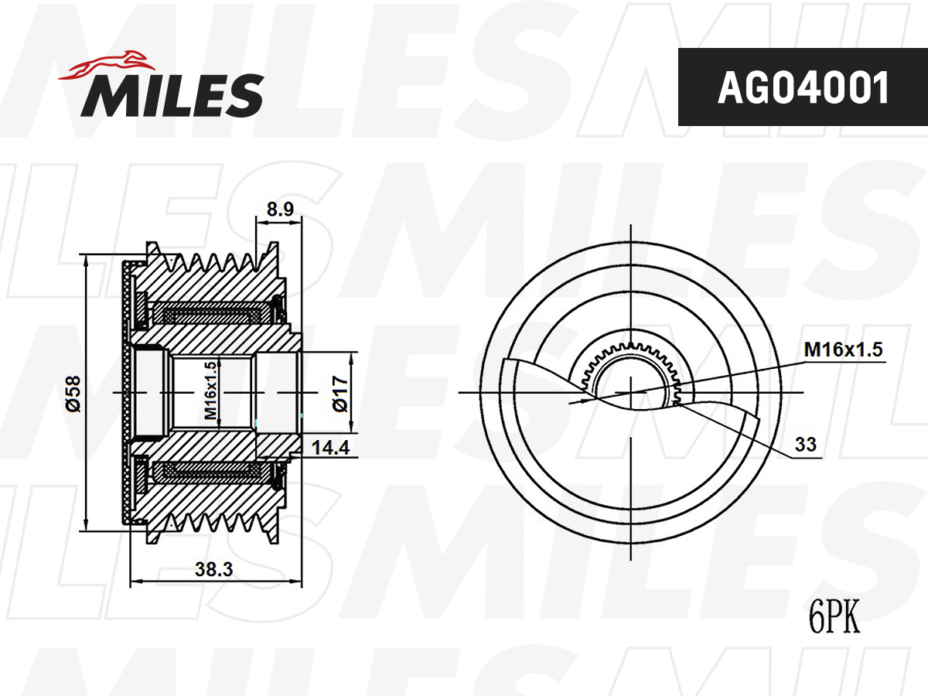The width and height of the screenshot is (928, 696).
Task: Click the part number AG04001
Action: tap(803, 87)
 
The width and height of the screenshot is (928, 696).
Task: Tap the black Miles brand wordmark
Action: tap(172, 95)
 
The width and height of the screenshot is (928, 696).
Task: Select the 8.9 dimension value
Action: tap(280, 209)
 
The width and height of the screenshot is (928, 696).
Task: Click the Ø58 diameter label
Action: tap(73, 394)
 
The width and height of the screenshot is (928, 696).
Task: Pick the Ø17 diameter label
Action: tap(340, 394)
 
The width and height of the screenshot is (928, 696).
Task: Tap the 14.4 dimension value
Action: tap(331, 448)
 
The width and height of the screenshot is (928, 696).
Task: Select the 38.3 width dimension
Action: tap(214, 569)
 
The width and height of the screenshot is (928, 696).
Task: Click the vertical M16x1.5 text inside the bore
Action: tap(211, 391)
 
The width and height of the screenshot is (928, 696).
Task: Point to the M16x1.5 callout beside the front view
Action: tap(843, 350)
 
